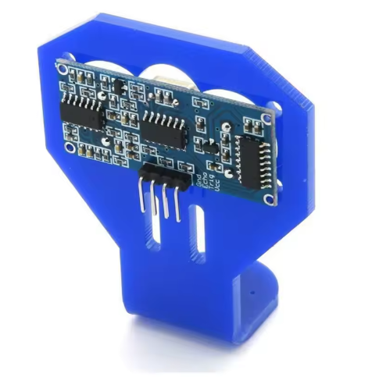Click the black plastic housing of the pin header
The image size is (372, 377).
point(166,176)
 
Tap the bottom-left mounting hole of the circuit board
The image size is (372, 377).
point(70,146)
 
